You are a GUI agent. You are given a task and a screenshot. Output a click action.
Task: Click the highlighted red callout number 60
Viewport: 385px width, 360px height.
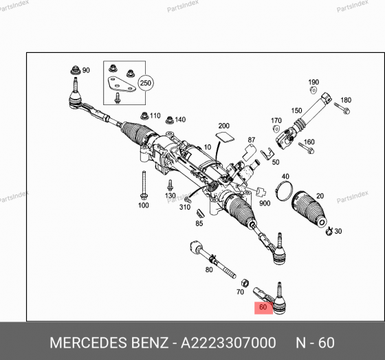263,308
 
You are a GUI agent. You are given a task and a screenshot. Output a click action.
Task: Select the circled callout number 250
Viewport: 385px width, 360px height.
145,82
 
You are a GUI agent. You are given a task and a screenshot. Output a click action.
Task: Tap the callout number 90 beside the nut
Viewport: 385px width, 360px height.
86,70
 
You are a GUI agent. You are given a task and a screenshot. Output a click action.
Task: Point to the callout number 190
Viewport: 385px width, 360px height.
313,82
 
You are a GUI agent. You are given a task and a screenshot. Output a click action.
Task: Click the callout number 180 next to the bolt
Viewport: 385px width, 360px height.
346,100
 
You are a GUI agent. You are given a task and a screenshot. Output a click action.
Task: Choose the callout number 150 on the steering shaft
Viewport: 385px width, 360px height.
296,110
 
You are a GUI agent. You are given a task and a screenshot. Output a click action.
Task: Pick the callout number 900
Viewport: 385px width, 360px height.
264,203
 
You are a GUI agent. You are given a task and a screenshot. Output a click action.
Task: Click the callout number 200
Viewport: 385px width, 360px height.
223,126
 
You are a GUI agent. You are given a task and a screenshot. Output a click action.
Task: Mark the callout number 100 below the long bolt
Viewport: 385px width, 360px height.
143,205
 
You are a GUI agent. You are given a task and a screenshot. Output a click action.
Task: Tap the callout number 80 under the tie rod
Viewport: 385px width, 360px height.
209,270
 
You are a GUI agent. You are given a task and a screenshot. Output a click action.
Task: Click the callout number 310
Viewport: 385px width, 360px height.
184,207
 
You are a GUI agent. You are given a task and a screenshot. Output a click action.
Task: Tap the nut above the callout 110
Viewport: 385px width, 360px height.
143,115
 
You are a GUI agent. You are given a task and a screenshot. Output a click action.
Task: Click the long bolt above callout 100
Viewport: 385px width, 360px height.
143,183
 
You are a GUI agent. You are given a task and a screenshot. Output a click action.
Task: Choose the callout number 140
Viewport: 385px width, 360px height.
179,120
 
